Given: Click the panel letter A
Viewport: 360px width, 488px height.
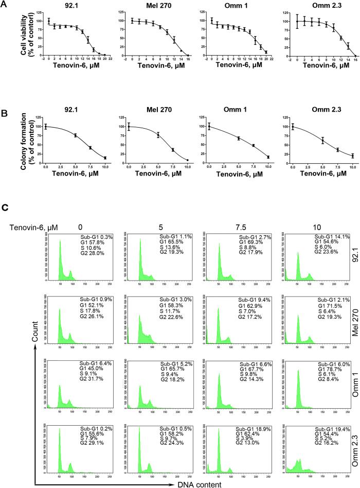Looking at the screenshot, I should click(5, 5).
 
